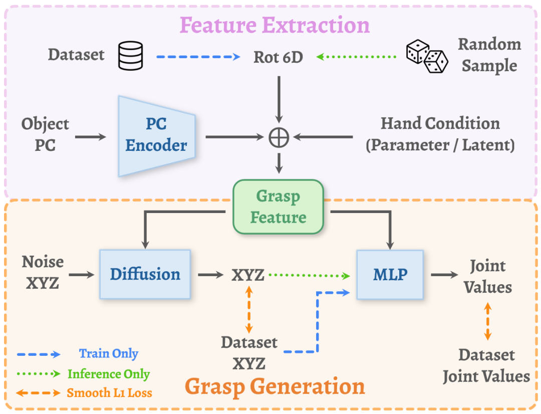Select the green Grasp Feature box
pos(278,206)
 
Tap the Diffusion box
pos(145,274)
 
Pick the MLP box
pos(389,274)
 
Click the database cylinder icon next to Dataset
pos(130,55)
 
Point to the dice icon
pos(427,56)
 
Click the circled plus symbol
pos(279,136)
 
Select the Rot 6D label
pos(278,57)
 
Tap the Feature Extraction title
pos(275,25)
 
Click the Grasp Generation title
pos(275,386)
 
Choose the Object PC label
pos(45,134)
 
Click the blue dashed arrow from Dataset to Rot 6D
pos(198,57)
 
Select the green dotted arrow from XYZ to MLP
pos(309,275)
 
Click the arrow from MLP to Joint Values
pos(444,274)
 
